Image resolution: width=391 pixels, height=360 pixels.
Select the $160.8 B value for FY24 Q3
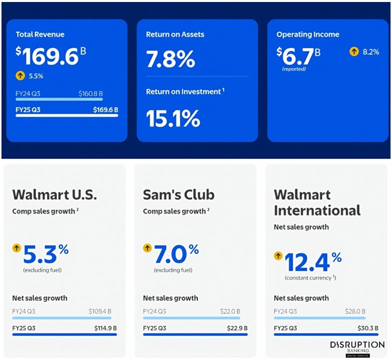click(x=91, y=93)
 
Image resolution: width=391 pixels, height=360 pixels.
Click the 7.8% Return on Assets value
click(x=170, y=59)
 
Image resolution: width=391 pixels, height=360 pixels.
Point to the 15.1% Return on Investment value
click(x=173, y=118)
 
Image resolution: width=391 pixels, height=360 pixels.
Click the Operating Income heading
click(x=308, y=34)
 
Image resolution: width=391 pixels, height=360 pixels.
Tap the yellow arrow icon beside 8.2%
click(x=354, y=51)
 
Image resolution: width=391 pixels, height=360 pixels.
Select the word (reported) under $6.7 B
click(x=294, y=69)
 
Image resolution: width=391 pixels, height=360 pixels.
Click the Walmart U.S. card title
click(x=55, y=194)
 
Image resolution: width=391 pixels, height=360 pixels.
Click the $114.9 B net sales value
click(x=105, y=328)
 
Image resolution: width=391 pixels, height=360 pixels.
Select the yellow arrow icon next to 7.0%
click(x=147, y=248)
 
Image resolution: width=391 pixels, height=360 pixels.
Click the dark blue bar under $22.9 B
click(x=195, y=334)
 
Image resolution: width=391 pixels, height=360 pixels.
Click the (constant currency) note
click(x=310, y=278)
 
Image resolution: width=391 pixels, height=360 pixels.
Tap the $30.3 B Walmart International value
click(x=355, y=328)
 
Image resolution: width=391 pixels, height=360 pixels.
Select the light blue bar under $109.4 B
click(x=62, y=318)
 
